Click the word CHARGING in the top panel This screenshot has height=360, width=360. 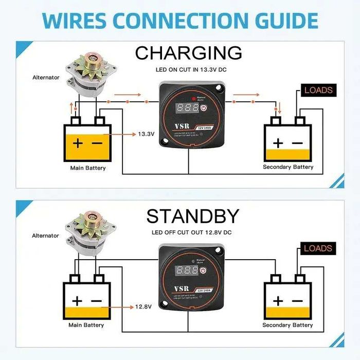point(188,52)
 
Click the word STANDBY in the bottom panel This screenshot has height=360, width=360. point(192,216)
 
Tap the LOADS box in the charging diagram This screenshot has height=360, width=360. point(318,90)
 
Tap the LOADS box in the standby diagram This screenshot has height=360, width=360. point(318,248)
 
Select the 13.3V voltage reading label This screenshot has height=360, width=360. point(146,134)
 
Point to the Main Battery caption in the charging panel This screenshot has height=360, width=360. point(88,168)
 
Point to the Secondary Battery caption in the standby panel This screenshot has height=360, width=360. point(288,325)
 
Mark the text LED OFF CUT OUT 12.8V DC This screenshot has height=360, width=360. point(191,232)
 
